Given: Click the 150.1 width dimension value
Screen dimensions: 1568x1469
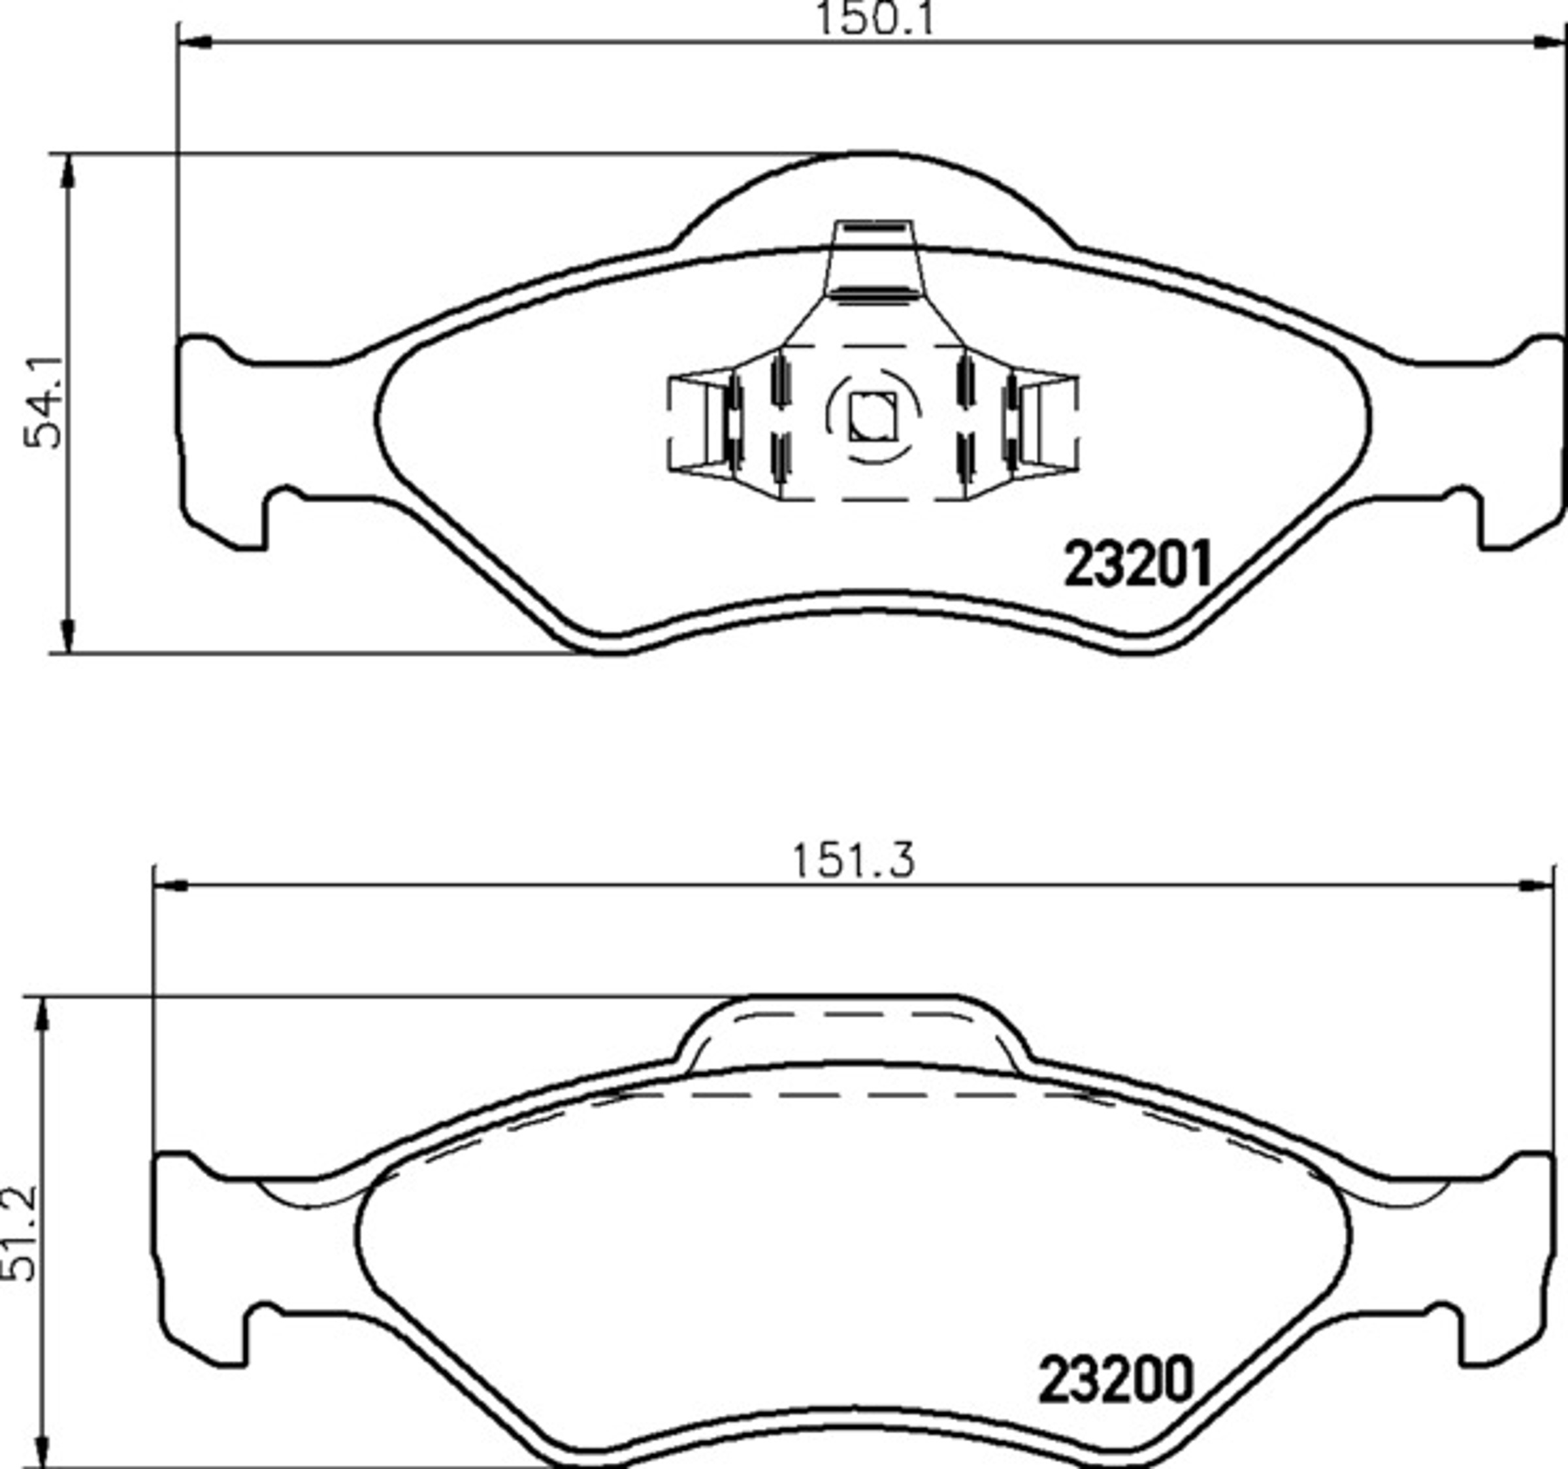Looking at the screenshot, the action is pyautogui.click(x=874, y=18).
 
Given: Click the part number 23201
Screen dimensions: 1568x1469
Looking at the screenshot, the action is pyautogui.click(x=1137, y=565).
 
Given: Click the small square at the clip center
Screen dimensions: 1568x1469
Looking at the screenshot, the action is pyautogui.click(x=872, y=415).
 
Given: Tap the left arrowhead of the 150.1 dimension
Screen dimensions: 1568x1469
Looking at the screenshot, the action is pyautogui.click(x=195, y=42).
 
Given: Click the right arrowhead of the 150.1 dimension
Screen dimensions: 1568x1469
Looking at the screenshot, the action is pyautogui.click(x=1548, y=42).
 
